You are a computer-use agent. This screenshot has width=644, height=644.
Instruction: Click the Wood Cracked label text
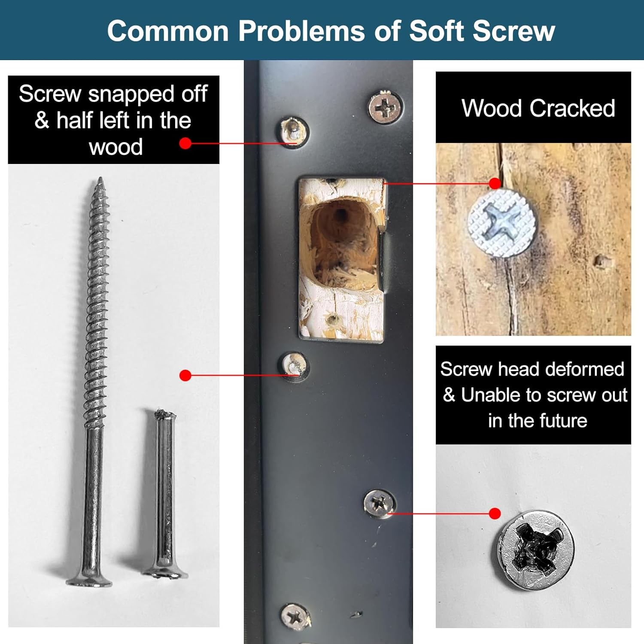[x=538, y=108]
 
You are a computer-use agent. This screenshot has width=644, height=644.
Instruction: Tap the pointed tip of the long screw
[x=100, y=178]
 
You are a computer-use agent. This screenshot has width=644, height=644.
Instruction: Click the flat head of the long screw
[x=89, y=581]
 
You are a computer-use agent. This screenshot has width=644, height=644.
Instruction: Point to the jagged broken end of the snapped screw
[x=164, y=414]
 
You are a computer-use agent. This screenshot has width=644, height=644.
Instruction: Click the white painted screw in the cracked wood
[x=502, y=223]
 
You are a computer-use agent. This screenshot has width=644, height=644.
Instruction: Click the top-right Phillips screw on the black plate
[x=386, y=106]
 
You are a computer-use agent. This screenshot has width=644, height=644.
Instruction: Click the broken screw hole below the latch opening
[x=295, y=366]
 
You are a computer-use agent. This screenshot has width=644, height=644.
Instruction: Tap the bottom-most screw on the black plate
[x=295, y=617]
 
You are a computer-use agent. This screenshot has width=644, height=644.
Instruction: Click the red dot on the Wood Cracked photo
[x=495, y=184]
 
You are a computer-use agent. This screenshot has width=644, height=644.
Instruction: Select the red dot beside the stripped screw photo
[x=495, y=513]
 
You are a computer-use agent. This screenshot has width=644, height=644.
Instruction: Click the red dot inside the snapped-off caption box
[x=185, y=143]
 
